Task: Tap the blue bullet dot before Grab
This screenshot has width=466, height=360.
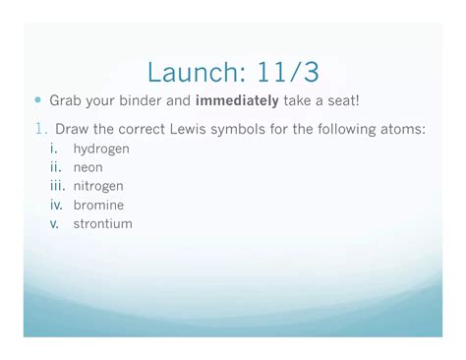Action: click(x=38, y=100)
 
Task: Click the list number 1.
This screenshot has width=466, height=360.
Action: click(x=40, y=128)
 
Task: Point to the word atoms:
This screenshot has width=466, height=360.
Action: click(x=404, y=128)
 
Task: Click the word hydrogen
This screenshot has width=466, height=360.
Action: click(x=101, y=149)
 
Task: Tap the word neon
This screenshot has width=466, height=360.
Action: click(x=87, y=167)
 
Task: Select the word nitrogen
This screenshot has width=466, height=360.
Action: click(x=98, y=186)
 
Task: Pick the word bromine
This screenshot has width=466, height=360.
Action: click(x=98, y=205)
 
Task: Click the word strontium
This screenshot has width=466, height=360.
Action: click(x=102, y=223)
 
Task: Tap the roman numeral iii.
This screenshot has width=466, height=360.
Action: click(x=57, y=186)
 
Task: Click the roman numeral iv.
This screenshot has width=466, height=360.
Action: click(x=56, y=205)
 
